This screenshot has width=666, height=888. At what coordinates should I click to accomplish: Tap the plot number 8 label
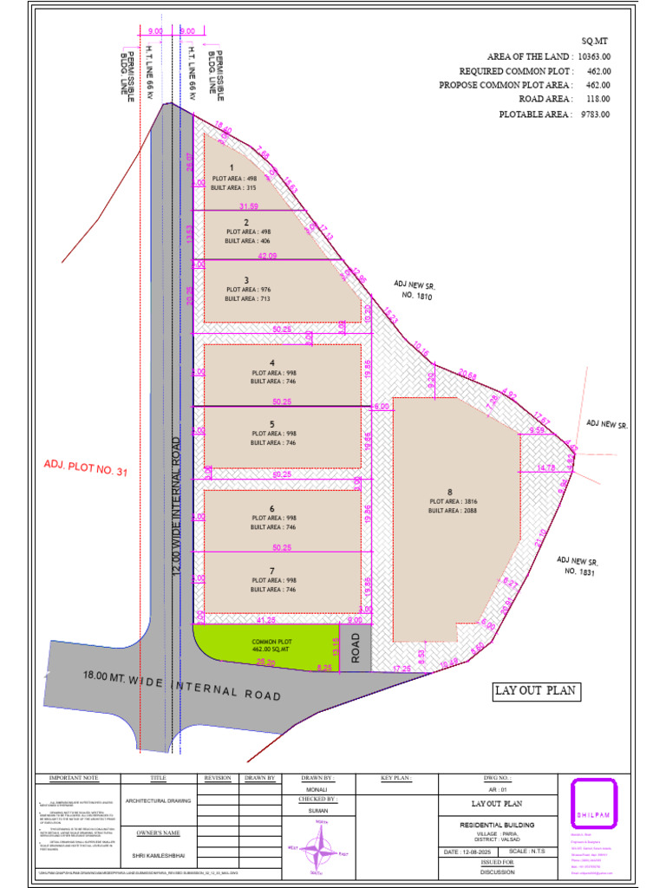coord(450,493)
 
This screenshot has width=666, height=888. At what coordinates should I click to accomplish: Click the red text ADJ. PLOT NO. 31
coord(86,470)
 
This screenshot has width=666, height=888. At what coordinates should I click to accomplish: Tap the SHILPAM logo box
coord(594,806)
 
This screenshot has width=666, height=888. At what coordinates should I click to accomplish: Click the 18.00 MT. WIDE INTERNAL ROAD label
coord(182,685)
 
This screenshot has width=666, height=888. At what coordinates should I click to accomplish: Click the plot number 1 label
coord(232,167)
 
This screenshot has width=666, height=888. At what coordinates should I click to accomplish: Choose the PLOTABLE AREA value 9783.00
coord(594,114)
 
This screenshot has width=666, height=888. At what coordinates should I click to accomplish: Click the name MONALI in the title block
coord(317,790)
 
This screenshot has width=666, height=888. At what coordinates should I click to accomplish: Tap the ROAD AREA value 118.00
coord(597,100)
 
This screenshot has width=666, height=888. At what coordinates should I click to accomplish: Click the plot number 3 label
coord(246,280)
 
